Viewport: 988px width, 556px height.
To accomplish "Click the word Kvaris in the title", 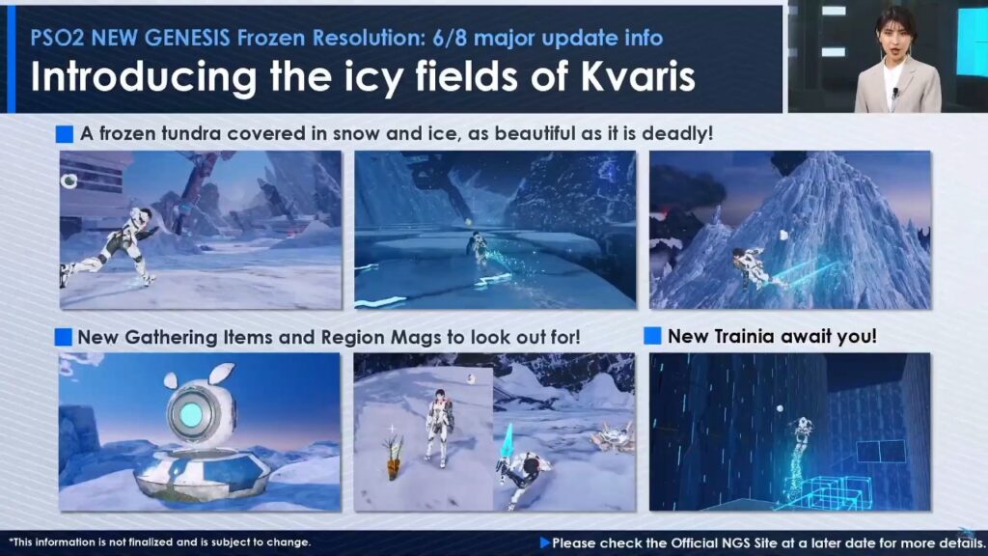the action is [638, 77].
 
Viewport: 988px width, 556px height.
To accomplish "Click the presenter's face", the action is [895, 38].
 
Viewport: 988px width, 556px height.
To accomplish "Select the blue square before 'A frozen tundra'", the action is [65, 133].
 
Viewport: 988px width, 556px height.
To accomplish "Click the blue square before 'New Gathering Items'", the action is [64, 337].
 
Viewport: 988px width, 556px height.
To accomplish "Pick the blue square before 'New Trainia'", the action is [653, 336].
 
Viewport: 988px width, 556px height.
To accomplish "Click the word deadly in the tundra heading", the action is [676, 133].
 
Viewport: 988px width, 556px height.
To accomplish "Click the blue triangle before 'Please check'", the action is [545, 542].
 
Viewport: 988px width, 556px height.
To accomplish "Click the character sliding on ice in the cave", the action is [479, 250].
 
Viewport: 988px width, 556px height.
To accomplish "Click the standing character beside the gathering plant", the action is [438, 428].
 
